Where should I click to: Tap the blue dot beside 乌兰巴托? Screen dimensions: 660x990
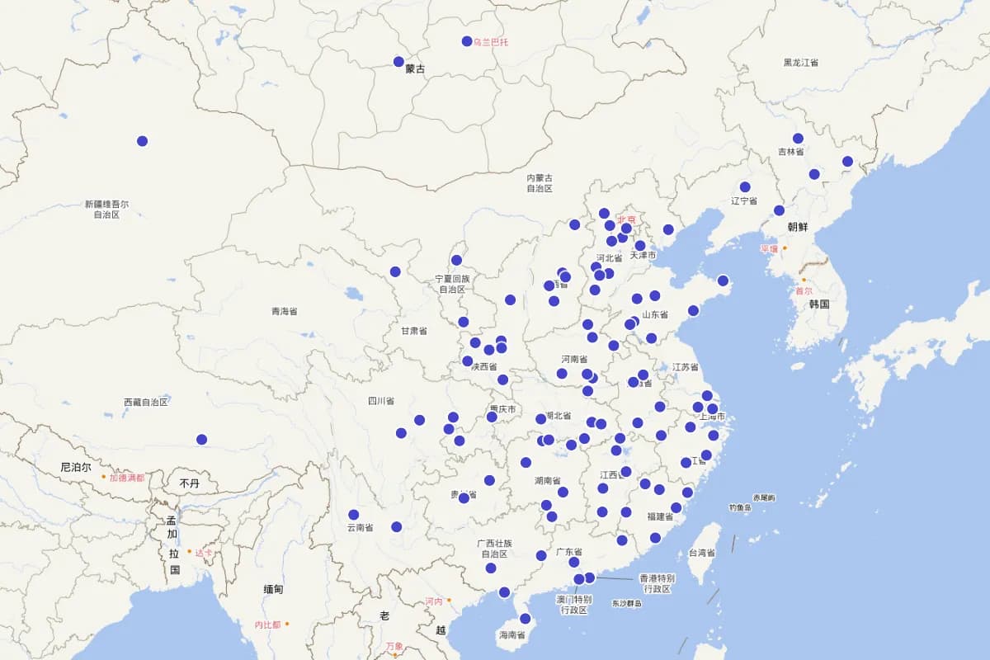click(467, 41)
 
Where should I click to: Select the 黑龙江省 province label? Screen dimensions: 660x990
click(800, 63)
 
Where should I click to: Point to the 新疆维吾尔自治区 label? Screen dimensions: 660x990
click(106, 209)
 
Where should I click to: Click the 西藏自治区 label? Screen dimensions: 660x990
click(146, 403)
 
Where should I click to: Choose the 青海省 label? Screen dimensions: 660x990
click(284, 312)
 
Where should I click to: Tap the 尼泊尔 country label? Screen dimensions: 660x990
click(76, 467)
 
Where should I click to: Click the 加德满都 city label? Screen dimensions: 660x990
click(127, 478)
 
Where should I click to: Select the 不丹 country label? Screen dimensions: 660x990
click(189, 483)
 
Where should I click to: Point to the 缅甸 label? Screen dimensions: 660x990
click(273, 589)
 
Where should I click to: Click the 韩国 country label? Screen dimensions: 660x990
click(818, 304)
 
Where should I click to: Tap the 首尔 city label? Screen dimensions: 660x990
click(804, 290)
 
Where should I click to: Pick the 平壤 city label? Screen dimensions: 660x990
click(769, 248)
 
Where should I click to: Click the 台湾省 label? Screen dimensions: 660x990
click(702, 553)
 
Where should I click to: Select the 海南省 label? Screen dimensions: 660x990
click(511, 635)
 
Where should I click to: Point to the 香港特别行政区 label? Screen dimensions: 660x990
click(657, 583)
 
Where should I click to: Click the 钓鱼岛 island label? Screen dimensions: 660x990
click(739, 507)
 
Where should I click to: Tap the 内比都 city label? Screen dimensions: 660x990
click(267, 625)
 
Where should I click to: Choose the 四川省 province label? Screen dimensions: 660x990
click(380, 401)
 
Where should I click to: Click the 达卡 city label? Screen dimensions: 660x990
click(204, 552)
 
